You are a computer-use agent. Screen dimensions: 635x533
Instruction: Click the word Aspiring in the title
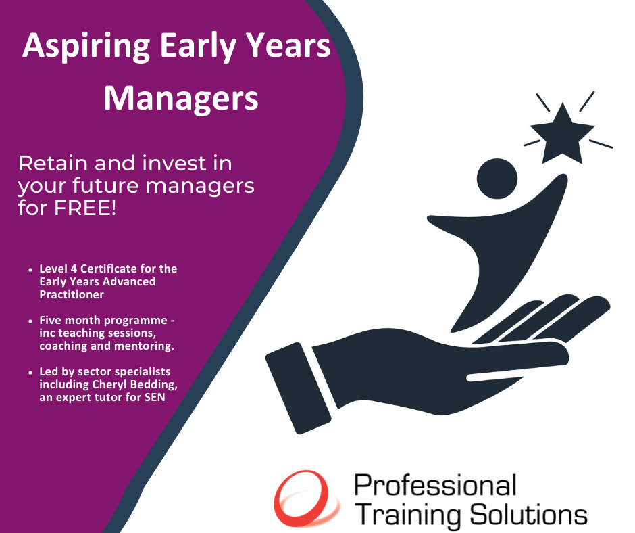tap(86, 47)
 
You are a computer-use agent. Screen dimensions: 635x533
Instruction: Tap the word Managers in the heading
tap(181, 99)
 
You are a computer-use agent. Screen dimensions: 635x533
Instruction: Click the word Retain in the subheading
tap(53, 163)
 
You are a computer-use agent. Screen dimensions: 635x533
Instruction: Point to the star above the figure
tap(562, 134)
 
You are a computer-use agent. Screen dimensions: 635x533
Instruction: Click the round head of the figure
tap(497, 179)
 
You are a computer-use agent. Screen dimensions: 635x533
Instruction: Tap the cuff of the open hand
tap(298, 388)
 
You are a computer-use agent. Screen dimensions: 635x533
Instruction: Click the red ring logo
tap(307, 499)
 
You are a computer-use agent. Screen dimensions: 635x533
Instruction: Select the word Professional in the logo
tap(435, 485)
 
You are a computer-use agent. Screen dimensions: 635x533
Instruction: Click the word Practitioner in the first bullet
tap(72, 294)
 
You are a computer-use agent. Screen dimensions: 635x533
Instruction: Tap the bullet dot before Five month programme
tap(30, 321)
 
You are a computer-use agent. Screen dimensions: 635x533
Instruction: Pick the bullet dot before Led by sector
tap(30, 372)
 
